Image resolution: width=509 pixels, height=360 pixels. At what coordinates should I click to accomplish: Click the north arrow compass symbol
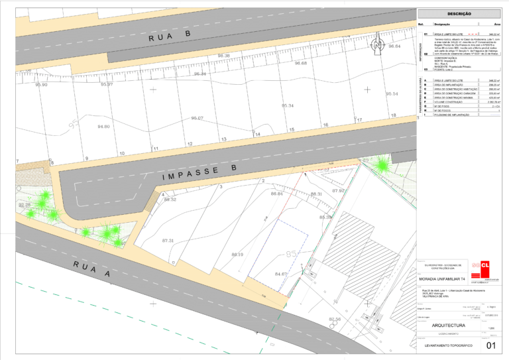[377, 46]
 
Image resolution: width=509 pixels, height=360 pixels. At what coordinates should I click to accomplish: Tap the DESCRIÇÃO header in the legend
[459, 13]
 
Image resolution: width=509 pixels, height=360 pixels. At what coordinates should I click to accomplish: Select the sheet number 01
[491, 345]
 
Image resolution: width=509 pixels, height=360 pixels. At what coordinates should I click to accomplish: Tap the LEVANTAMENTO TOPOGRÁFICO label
[448, 346]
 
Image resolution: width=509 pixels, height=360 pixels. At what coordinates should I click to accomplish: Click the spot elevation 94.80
[104, 126]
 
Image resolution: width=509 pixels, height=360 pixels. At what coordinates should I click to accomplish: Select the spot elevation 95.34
[288, 105]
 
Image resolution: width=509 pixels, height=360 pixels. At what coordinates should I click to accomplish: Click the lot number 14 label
[257, 135]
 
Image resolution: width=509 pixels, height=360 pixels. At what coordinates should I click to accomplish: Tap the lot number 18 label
[393, 116]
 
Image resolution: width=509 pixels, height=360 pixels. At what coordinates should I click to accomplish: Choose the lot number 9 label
[86, 158]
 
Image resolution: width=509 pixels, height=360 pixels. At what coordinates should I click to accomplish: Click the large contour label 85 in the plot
[291, 254]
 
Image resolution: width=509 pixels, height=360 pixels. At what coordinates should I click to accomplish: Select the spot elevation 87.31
[167, 241]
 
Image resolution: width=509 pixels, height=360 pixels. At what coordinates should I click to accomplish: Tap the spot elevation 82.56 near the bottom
[334, 320]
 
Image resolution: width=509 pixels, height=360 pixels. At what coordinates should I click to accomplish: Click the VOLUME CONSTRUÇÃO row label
[448, 102]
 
